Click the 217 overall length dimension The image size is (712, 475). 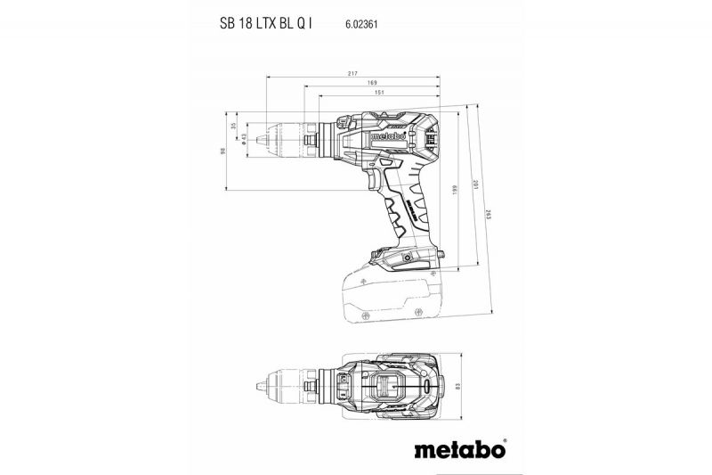pos(353,73)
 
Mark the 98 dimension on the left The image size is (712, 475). pos(222,151)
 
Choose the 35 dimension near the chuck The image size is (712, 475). pos(234,127)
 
